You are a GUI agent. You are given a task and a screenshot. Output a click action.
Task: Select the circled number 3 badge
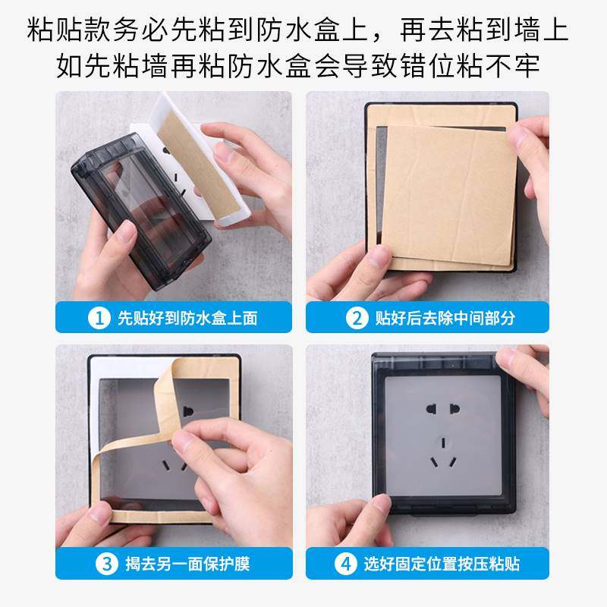point(105,563)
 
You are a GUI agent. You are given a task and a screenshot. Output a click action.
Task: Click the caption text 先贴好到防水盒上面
point(187,317)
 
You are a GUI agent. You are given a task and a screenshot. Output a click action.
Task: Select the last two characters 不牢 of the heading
point(521,67)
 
